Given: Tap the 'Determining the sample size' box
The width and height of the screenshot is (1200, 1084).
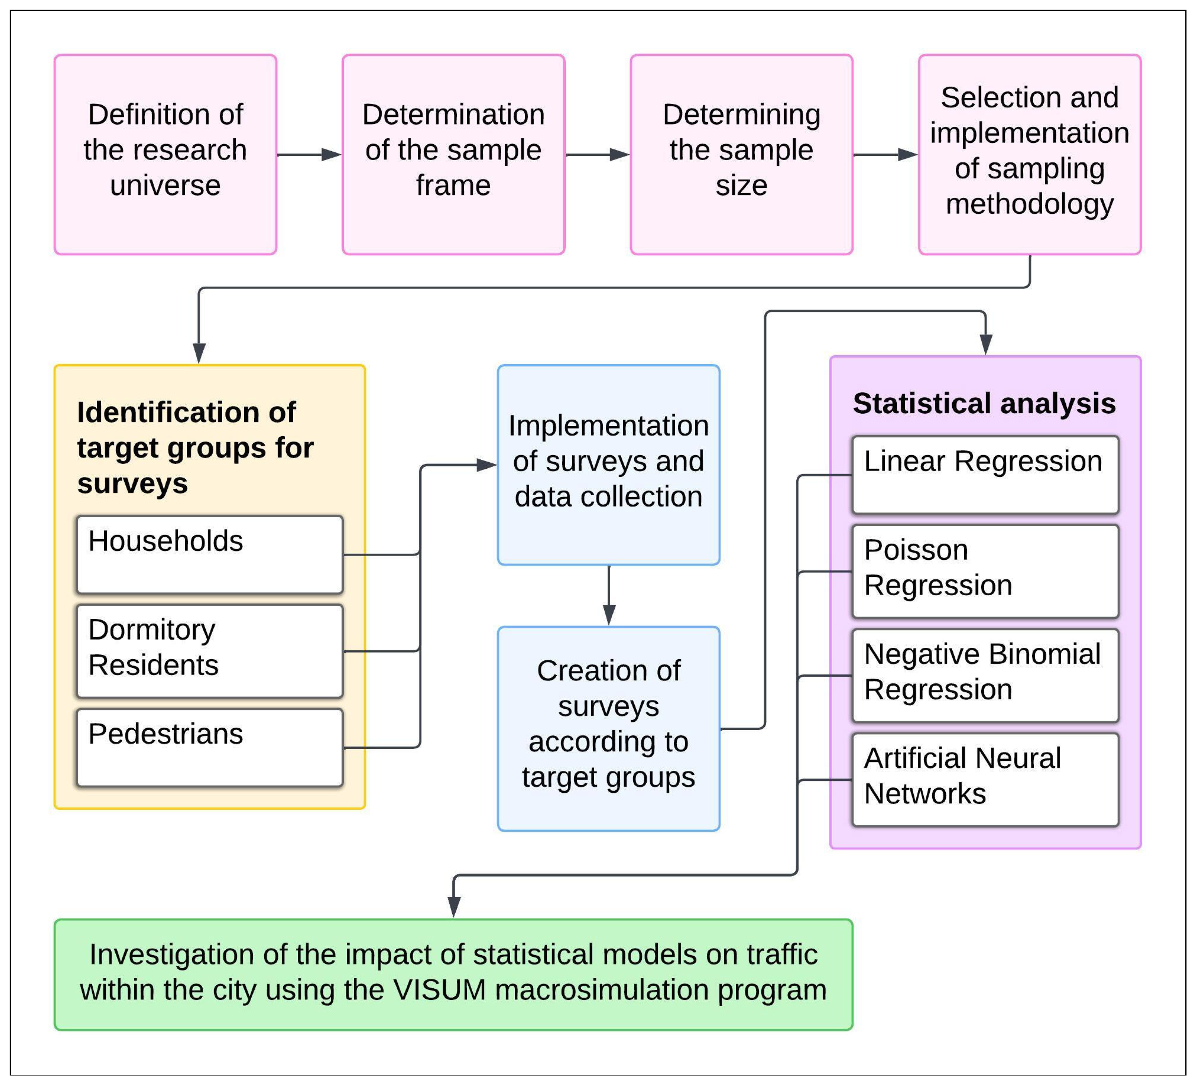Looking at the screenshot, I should click(x=741, y=155).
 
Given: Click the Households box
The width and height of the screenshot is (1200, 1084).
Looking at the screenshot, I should click(x=210, y=554).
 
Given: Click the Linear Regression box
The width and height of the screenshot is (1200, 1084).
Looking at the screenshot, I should click(x=985, y=475).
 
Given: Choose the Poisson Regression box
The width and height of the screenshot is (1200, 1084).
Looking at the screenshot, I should click(x=985, y=571).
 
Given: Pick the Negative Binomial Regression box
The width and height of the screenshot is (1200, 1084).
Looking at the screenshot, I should click(x=985, y=675).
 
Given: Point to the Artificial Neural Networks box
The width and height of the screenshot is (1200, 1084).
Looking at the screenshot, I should click(x=985, y=779).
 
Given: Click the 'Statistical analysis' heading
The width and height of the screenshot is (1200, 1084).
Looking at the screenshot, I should click(x=984, y=404).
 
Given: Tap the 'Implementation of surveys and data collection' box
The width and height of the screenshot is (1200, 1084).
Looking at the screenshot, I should click(x=608, y=464).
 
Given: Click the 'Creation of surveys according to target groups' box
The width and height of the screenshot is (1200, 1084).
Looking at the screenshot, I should click(x=608, y=728).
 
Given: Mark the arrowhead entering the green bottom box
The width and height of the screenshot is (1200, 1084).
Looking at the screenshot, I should click(x=454, y=907).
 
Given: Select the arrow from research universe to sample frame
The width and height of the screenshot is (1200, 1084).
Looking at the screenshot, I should click(x=308, y=155).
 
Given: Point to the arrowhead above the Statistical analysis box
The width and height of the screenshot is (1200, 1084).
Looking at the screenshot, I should click(x=986, y=344).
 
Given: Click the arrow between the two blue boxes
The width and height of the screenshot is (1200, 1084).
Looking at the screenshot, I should click(x=609, y=595).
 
